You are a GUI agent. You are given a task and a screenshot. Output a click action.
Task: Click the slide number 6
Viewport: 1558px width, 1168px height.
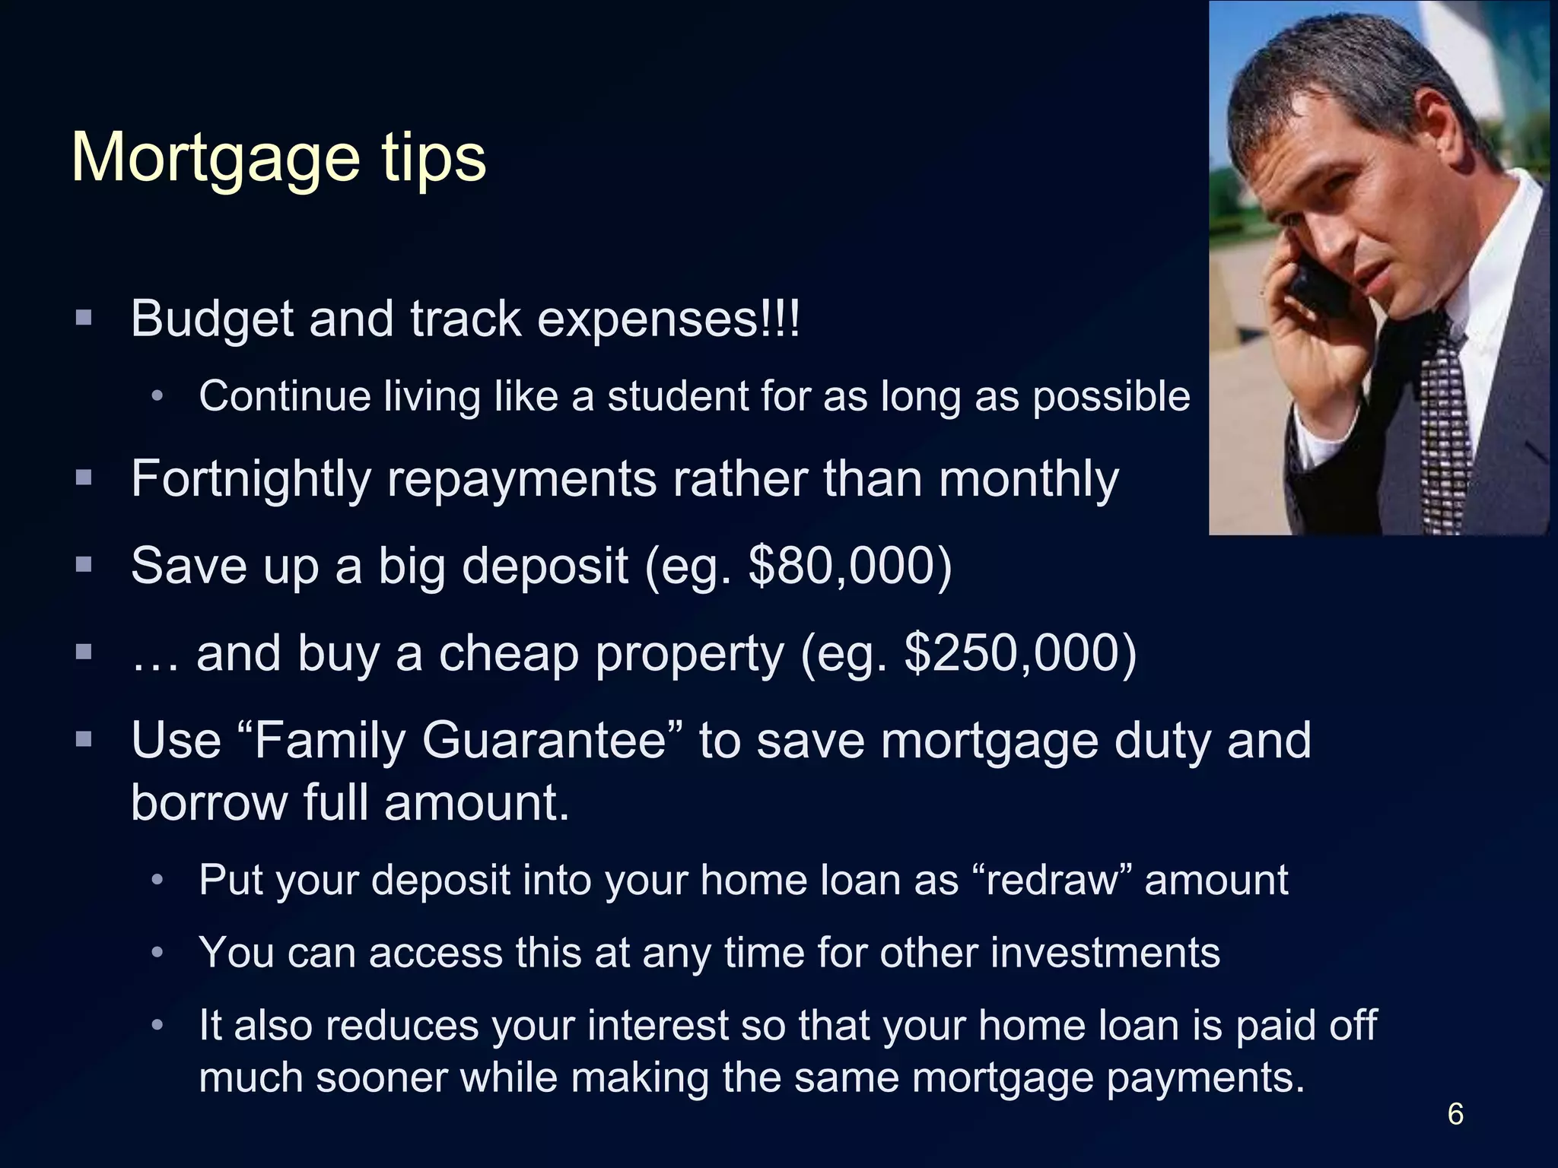(1455, 1114)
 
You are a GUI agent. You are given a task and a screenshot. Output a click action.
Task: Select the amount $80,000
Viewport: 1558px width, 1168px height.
(850, 566)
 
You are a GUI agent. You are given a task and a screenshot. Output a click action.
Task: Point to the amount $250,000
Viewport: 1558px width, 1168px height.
(1019, 653)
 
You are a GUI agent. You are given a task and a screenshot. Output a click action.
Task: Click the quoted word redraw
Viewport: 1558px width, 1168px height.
(1053, 880)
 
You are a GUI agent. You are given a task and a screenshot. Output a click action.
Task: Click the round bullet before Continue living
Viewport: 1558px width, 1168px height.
(157, 396)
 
